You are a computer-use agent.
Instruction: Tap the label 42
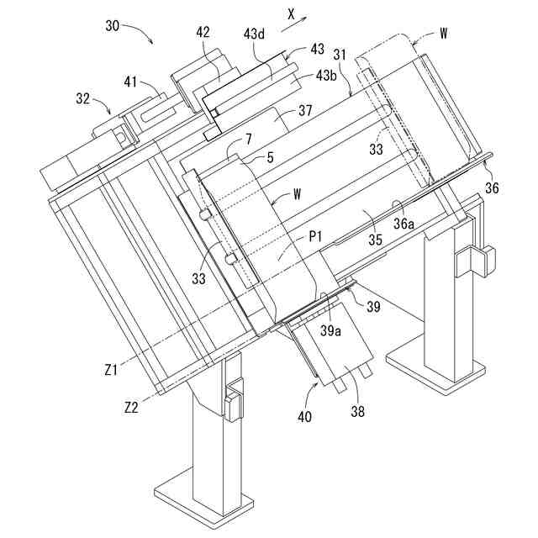click(x=204, y=32)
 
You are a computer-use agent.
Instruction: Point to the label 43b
click(x=328, y=76)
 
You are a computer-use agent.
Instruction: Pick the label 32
click(x=83, y=98)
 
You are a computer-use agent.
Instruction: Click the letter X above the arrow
click(x=291, y=14)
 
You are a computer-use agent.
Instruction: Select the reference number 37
click(x=304, y=110)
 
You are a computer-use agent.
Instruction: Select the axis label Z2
click(x=130, y=408)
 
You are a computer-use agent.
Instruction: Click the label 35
click(x=375, y=240)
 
